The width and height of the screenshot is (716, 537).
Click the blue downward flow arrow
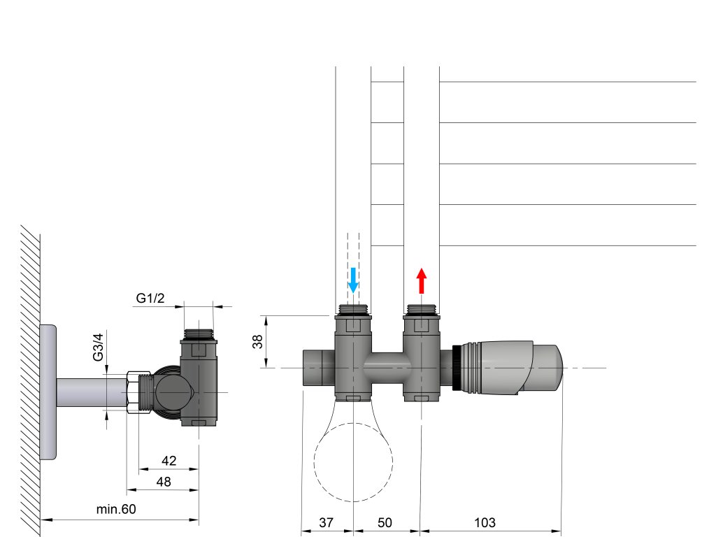(353, 280)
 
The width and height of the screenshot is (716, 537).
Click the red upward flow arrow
(422, 280)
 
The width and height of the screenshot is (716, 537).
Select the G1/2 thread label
(150, 298)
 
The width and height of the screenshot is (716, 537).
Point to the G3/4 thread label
(98, 347)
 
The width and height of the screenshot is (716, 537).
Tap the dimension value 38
(257, 341)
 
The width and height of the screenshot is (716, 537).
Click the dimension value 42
(169, 460)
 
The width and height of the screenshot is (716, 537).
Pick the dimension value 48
(164, 481)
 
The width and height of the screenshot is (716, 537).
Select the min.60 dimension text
(116, 509)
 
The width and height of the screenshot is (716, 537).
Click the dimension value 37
(326, 522)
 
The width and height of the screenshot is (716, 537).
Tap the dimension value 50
(385, 522)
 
